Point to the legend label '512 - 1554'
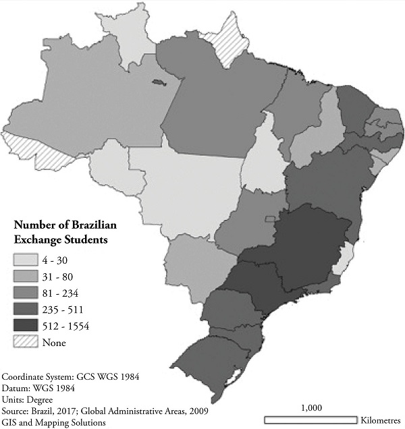65,326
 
